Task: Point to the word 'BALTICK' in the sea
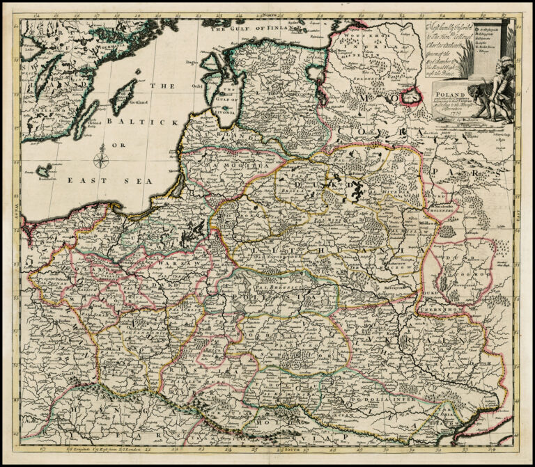point(147,122)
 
